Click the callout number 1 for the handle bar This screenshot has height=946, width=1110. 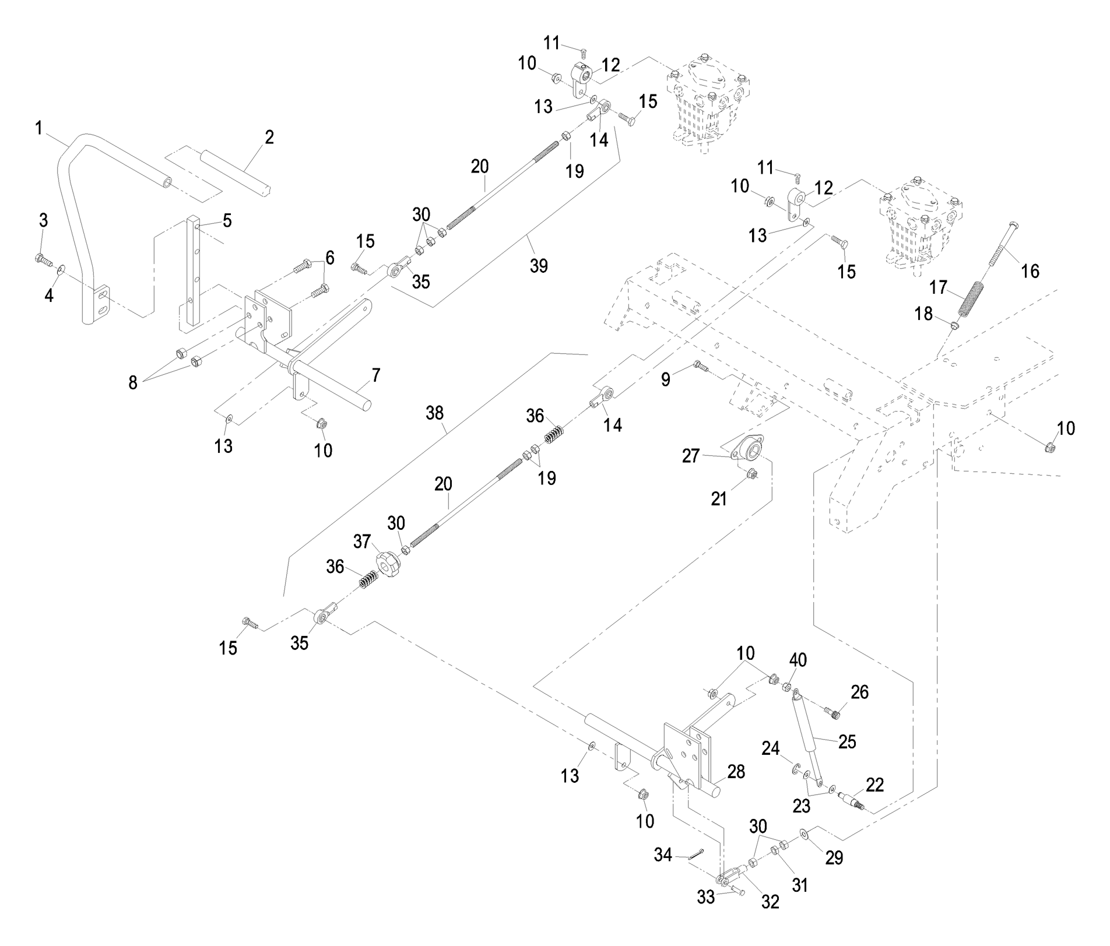38,128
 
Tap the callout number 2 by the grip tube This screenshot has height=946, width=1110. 269,138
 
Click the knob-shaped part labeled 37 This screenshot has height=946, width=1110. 385,564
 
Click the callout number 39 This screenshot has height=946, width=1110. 539,266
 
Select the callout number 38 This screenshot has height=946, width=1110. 435,413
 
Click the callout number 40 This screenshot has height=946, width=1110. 798,661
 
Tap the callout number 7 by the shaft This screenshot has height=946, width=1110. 376,375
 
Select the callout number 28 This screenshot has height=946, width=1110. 736,772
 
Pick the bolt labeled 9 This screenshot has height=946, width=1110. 700,367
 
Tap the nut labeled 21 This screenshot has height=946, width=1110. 752,476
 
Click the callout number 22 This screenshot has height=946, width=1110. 874,785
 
